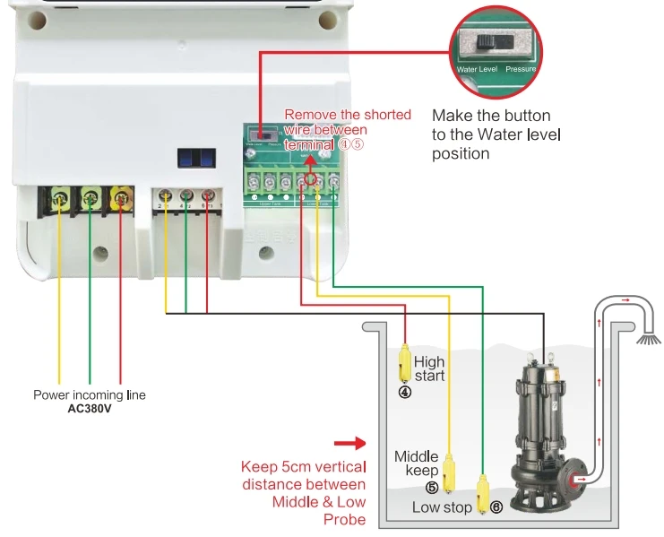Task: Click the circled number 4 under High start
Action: pos(404,392)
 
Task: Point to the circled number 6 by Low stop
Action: pos(495,507)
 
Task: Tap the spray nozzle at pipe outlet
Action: pos(647,340)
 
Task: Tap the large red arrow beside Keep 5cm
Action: pos(349,443)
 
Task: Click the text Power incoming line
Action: pos(89,394)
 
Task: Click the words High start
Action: pos(429,368)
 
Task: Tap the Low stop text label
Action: pos(442,507)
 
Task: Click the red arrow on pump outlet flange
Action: pos(580,479)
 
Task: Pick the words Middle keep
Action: pos(417,463)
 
